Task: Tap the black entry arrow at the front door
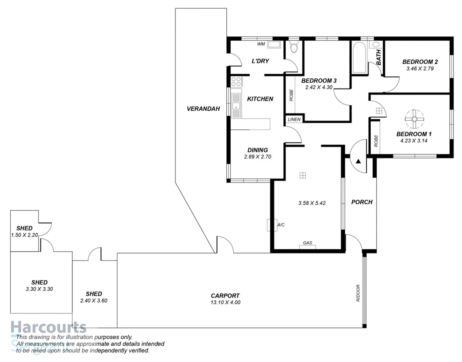point(358,160)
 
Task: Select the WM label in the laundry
point(261,44)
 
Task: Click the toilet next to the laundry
point(294,47)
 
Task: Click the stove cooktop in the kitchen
point(236,82)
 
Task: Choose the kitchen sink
point(236,106)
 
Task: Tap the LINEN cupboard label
point(294,119)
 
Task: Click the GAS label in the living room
point(308,243)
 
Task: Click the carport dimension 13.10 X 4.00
point(225,302)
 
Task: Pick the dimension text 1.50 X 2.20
point(24,235)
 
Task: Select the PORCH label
point(362,202)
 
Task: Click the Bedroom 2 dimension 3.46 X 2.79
point(420,68)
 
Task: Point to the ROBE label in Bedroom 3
point(291,96)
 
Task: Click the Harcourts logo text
point(48,327)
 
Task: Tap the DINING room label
point(257,150)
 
